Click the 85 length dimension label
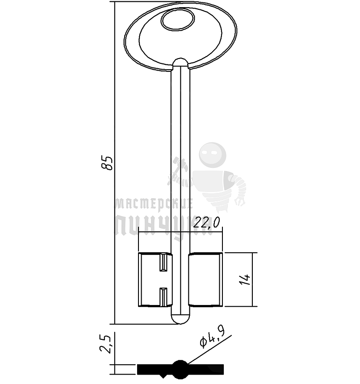(x=107, y=163)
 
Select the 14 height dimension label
(x=245, y=280)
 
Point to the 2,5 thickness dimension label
(x=105, y=344)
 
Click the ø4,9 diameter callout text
(x=212, y=338)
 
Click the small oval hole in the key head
(x=178, y=20)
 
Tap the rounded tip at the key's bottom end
(x=180, y=319)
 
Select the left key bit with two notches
(x=155, y=280)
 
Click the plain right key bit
(x=205, y=280)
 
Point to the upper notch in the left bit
(x=163, y=262)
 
